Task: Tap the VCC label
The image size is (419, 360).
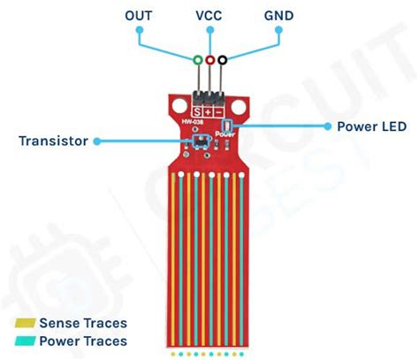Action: pos(209,17)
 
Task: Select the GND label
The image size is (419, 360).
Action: pos(278,17)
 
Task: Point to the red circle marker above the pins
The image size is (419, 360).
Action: pos(209,60)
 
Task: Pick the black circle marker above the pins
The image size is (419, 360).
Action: pos(223,60)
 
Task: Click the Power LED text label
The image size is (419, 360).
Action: pos(371,126)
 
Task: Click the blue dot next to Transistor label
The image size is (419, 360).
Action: pos(96,140)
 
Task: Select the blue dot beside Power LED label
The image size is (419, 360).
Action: pos(324,126)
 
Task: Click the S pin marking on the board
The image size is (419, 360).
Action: pos(197,112)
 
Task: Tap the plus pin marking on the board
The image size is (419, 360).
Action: pos(209,112)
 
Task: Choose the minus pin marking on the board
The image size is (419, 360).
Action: pos(220,112)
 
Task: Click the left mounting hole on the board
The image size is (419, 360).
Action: pos(172,109)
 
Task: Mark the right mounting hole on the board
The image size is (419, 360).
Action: pos(245,109)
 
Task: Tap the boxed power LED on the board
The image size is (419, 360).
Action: pos(227,127)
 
